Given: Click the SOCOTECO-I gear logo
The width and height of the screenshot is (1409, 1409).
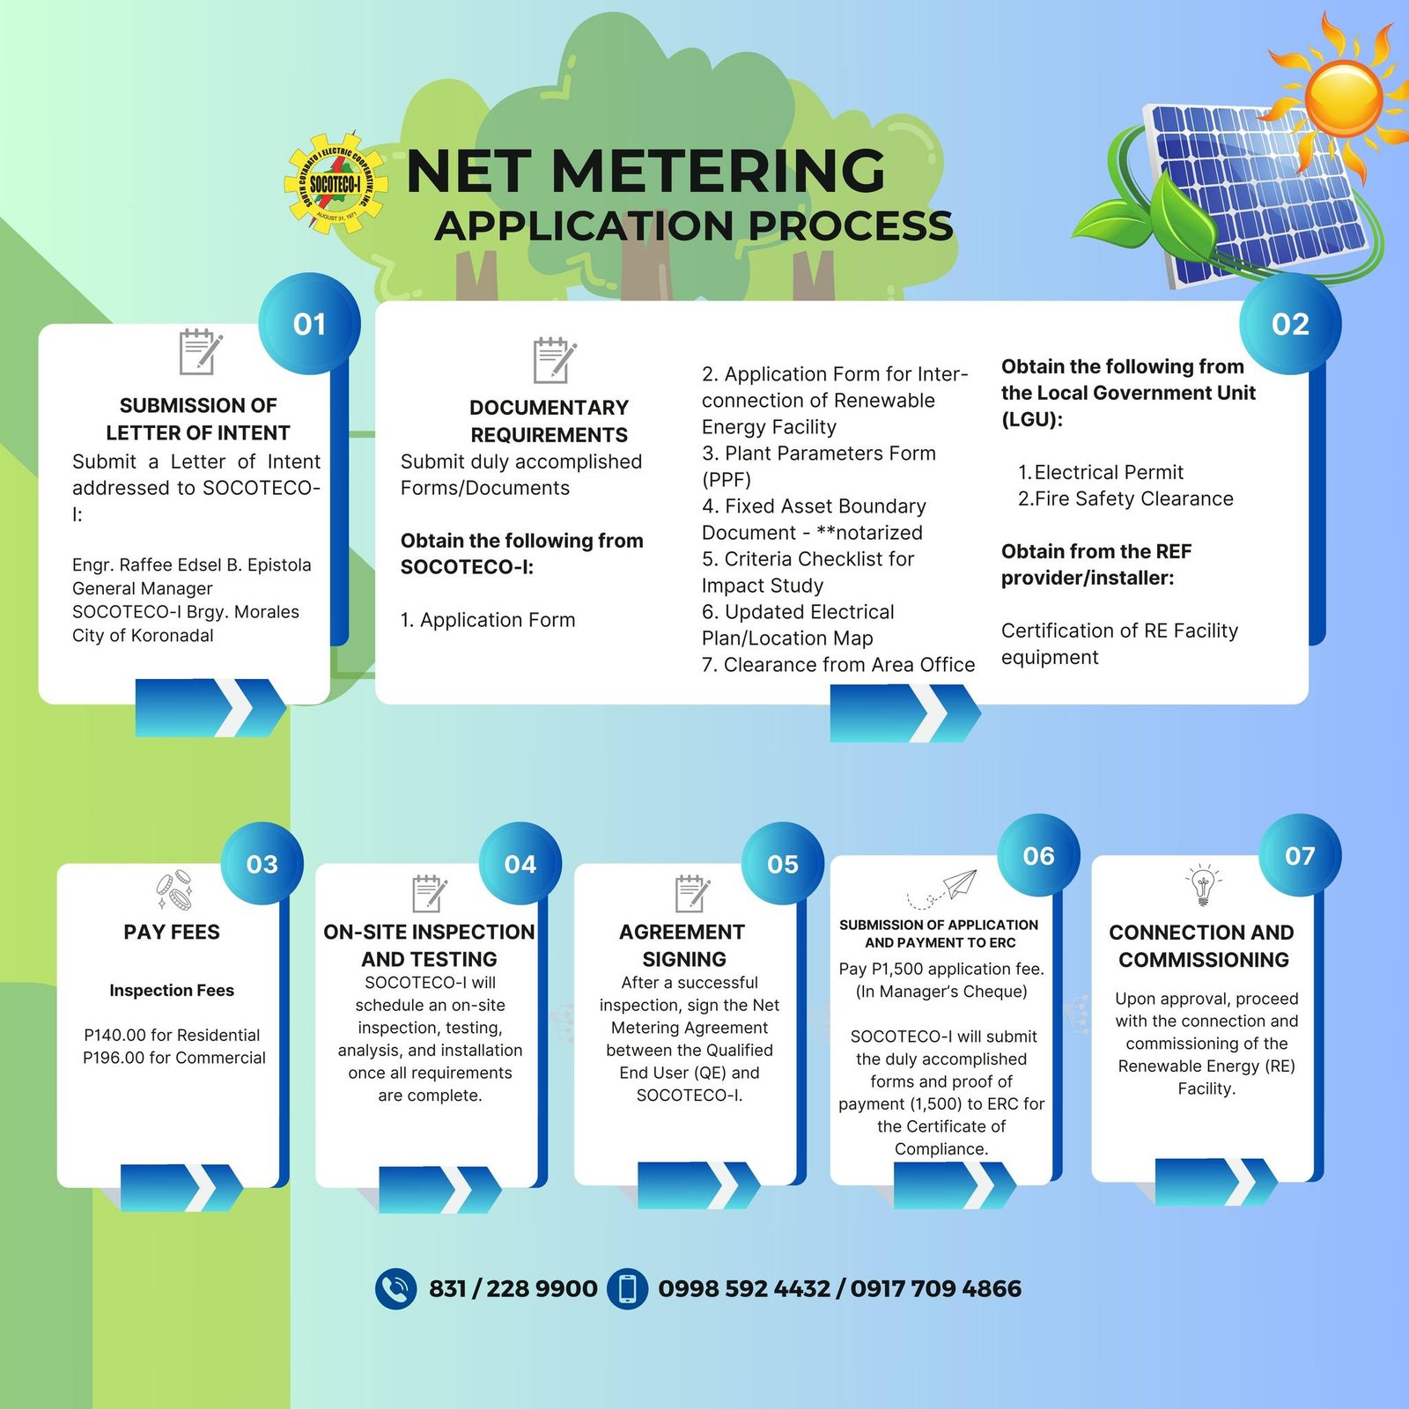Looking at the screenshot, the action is [336, 184].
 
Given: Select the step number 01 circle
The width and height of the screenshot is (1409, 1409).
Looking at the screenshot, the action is [309, 324].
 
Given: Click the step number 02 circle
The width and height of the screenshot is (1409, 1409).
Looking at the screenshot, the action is [1290, 324].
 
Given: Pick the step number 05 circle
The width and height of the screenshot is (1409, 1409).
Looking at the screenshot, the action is [783, 864].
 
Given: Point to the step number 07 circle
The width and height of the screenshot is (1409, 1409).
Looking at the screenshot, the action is [1300, 855].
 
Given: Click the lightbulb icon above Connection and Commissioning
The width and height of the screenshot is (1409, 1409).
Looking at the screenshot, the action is [1203, 884].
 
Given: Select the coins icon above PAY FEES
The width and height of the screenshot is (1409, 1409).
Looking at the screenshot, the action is [173, 889].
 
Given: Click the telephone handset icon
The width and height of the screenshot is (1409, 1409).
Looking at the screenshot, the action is [395, 1289].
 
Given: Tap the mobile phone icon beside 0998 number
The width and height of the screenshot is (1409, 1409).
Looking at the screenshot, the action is [627, 1289].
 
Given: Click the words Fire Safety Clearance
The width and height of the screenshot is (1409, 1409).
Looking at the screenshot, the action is [1134, 498].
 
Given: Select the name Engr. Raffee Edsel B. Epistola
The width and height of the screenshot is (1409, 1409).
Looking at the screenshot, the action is [192, 564].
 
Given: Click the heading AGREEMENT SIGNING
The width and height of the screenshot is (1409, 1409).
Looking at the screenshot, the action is [682, 945].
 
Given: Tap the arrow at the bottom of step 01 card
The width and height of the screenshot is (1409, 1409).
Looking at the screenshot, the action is [210, 707].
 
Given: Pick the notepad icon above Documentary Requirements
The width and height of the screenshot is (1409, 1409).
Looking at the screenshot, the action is [554, 360].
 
